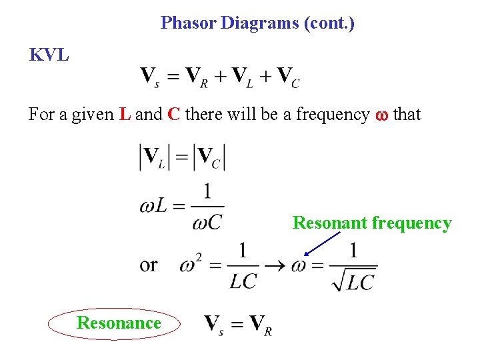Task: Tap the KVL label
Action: coord(49,55)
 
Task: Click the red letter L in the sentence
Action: coord(125,114)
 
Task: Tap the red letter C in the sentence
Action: coord(174,114)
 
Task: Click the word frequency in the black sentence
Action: coord(332,115)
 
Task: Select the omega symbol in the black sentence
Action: coord(381,115)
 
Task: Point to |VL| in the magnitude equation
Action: coord(153,157)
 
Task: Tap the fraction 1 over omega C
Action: coord(207,207)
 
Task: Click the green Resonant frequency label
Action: coord(372,223)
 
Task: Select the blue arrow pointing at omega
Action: coord(322,243)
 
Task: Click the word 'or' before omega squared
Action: coord(148,265)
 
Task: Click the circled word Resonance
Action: coord(119,323)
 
